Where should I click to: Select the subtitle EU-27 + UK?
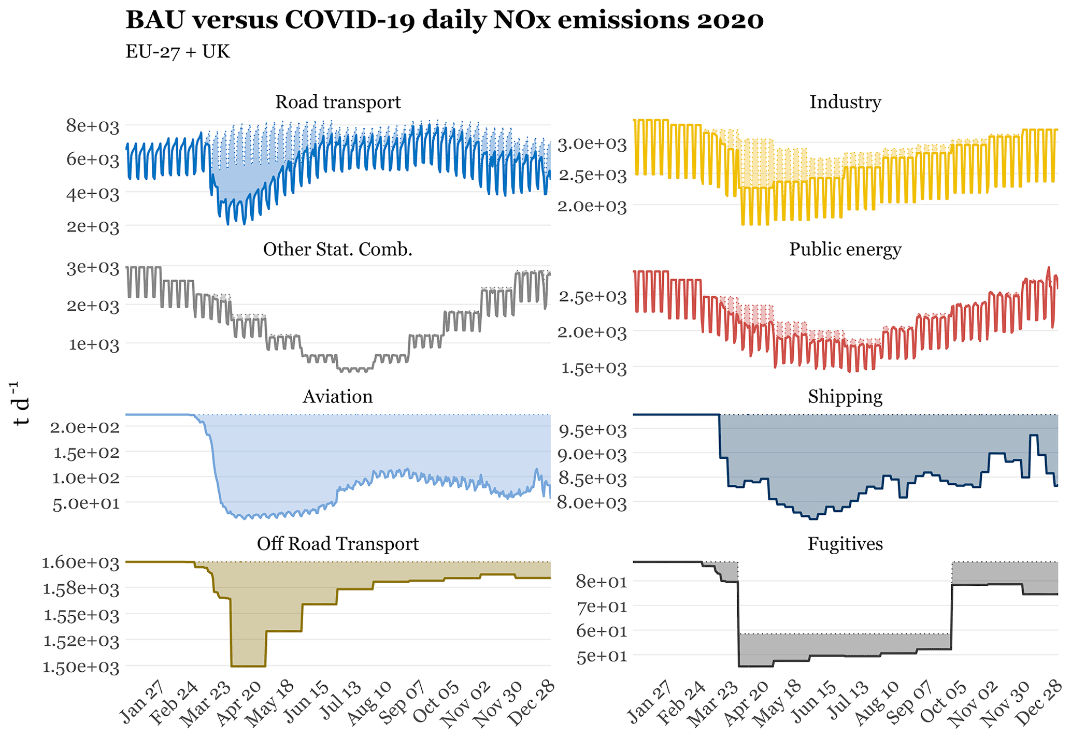coord(177,52)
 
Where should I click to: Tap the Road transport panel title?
coord(338,102)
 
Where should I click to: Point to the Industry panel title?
coord(845,102)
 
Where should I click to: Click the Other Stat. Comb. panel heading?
coord(338,250)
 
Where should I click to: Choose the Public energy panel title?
coord(845,250)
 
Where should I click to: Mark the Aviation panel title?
coord(338,397)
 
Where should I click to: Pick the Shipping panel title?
coord(845,397)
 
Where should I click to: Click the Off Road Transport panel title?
coord(338,544)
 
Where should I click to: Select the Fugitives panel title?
coord(845,544)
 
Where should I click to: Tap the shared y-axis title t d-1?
coord(21,404)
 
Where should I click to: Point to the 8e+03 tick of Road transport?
coord(93,126)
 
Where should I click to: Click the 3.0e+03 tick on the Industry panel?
coord(592,144)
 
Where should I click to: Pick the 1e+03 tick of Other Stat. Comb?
coord(94,344)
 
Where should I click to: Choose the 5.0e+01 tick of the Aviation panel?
coord(85,503)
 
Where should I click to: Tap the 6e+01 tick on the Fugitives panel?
coord(601,631)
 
